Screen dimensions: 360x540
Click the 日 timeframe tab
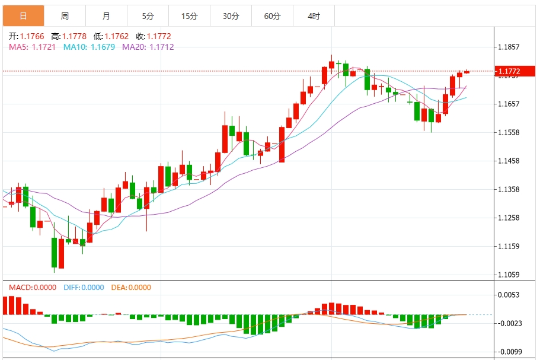point(23,16)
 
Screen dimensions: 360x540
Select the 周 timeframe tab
point(65,16)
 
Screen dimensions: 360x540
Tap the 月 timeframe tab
point(106,16)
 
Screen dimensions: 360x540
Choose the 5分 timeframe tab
point(148,16)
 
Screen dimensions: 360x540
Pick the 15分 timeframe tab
point(189,16)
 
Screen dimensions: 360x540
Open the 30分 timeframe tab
point(231,16)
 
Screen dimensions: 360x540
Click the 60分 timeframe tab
point(272,16)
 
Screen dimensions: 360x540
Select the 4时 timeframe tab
point(314,16)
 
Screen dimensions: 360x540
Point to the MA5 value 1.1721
point(44,47)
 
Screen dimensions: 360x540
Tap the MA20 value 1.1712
point(161,47)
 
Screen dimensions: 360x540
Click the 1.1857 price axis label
point(509,47)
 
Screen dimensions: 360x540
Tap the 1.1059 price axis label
point(509,275)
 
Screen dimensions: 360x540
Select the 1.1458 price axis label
point(509,161)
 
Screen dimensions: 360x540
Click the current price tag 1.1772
point(509,72)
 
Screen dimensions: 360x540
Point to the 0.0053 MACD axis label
point(509,295)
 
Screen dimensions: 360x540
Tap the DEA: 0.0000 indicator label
point(131,288)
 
